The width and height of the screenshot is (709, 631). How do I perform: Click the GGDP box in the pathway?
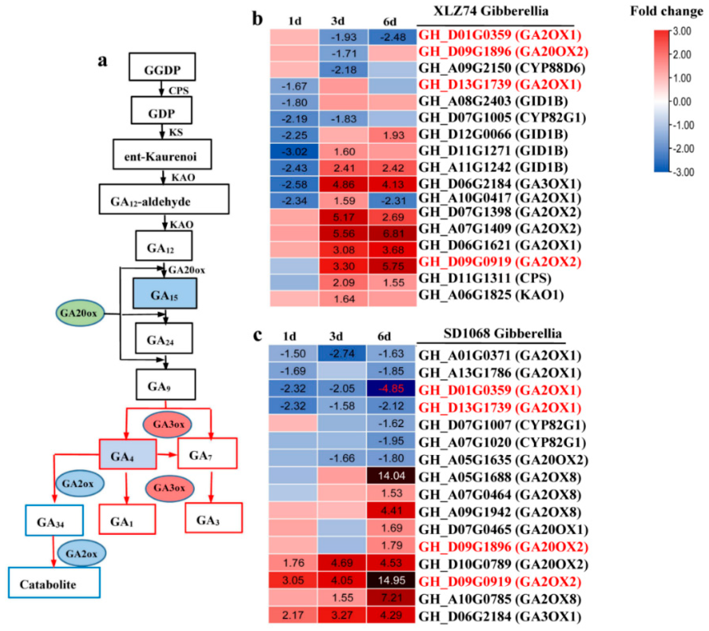(x=162, y=67)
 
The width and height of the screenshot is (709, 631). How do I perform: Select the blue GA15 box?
(x=165, y=294)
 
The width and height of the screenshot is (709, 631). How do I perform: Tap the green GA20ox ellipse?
(x=80, y=313)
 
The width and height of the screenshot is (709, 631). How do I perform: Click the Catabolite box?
(x=55, y=584)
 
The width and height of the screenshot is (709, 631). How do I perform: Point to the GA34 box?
(x=54, y=520)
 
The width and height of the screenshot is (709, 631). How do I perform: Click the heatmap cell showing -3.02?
(x=294, y=152)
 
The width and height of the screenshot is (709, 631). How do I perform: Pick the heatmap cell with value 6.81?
(x=393, y=233)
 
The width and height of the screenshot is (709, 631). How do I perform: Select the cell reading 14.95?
(x=391, y=580)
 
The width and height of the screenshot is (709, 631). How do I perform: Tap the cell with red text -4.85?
(x=391, y=389)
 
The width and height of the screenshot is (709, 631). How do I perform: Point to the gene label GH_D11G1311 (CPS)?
(x=485, y=278)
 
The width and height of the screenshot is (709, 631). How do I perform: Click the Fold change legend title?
(x=666, y=11)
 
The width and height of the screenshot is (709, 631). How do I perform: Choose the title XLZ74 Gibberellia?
(x=491, y=11)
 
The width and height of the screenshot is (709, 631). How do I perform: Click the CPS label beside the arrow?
(x=179, y=91)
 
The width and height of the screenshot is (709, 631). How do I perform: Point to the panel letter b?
(x=257, y=19)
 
